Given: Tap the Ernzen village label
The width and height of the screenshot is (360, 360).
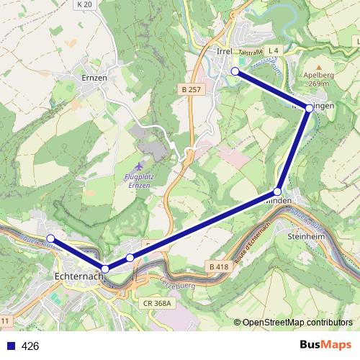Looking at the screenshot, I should pyautogui.click(x=94, y=77).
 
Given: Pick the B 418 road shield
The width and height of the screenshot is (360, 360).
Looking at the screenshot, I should pyautogui.click(x=219, y=267).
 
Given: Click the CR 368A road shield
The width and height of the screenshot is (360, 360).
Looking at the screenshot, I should pyautogui.click(x=156, y=303).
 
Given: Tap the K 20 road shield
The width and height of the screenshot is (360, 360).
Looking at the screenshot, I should pyautogui.click(x=84, y=4).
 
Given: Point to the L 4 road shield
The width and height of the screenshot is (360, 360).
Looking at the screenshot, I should pyautogui.click(x=273, y=51).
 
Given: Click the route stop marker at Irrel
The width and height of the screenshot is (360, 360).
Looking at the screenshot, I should pyautogui.click(x=235, y=71).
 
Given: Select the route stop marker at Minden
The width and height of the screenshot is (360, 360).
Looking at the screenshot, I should pyautogui.click(x=277, y=192).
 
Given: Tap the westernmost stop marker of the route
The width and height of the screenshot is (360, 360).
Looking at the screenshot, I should pyautogui.click(x=50, y=238).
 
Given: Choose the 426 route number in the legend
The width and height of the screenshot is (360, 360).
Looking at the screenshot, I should pyautogui.click(x=30, y=346).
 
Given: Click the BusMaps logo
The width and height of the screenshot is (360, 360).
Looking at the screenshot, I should pyautogui.click(x=325, y=346).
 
